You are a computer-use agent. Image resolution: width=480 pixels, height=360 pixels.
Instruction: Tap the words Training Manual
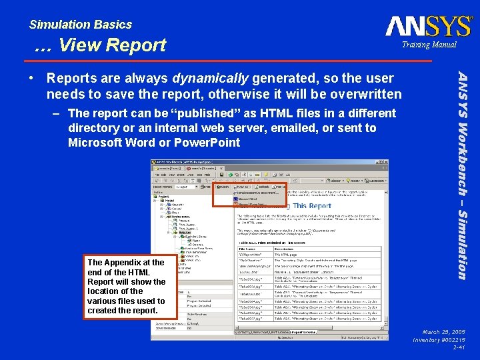click(429, 45)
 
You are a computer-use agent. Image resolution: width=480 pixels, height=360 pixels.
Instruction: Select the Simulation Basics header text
click(80, 25)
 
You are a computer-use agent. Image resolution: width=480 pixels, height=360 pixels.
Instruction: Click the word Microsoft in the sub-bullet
click(94, 143)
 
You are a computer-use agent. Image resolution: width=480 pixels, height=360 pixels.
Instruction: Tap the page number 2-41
click(458, 347)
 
